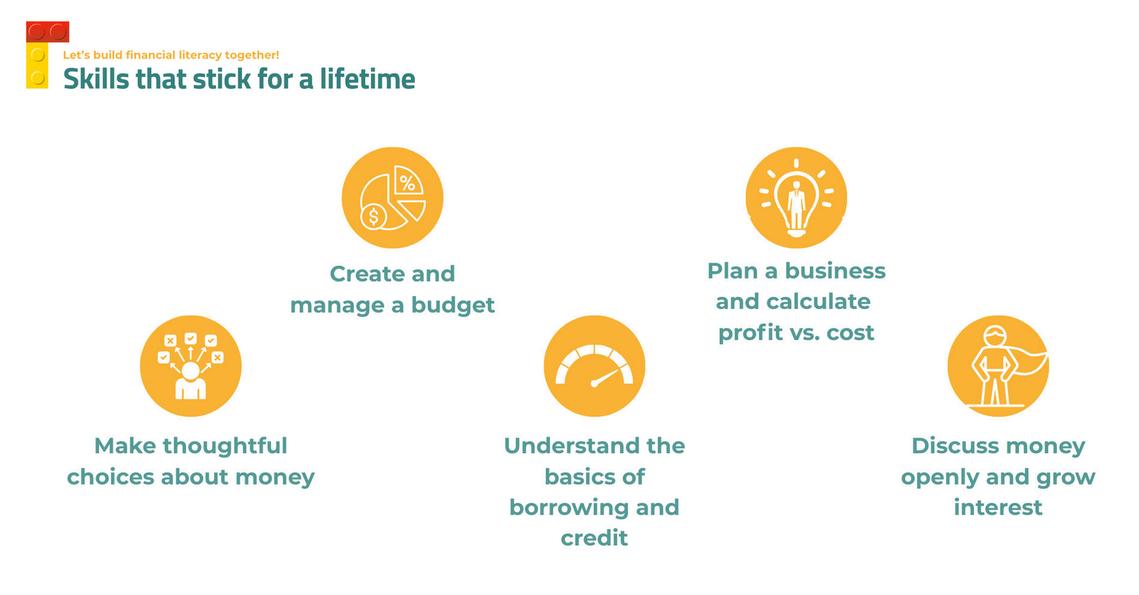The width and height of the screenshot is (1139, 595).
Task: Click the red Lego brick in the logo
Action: (x=48, y=32)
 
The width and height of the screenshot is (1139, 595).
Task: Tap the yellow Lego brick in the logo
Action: (x=37, y=66)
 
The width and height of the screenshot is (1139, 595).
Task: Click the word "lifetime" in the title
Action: (x=367, y=79)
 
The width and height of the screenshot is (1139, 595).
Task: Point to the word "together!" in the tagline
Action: (x=251, y=55)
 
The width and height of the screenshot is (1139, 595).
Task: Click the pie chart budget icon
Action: (x=393, y=198)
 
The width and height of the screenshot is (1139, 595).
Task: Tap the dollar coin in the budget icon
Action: (x=374, y=217)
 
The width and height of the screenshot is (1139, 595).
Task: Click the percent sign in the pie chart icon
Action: (x=407, y=182)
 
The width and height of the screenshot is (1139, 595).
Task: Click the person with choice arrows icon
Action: (x=191, y=366)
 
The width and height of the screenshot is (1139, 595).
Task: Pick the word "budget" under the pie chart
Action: (x=452, y=305)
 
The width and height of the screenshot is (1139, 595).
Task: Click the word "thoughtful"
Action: (x=225, y=446)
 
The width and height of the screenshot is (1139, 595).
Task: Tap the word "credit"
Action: (x=594, y=538)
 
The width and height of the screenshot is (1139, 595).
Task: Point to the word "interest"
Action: (x=998, y=508)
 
